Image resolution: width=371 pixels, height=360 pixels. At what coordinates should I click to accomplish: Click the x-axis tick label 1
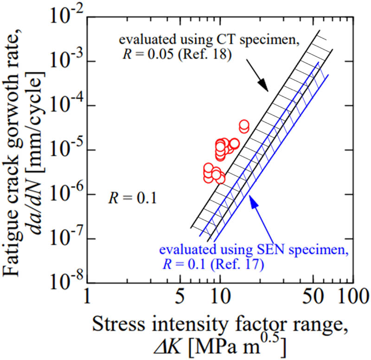[88, 296]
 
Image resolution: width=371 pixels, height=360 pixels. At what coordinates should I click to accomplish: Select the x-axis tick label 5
[179, 296]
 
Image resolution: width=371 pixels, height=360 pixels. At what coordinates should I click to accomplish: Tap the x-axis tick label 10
[219, 296]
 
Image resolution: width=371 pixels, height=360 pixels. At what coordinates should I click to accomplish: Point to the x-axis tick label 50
[311, 296]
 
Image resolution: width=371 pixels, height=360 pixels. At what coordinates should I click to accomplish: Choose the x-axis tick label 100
[350, 296]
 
